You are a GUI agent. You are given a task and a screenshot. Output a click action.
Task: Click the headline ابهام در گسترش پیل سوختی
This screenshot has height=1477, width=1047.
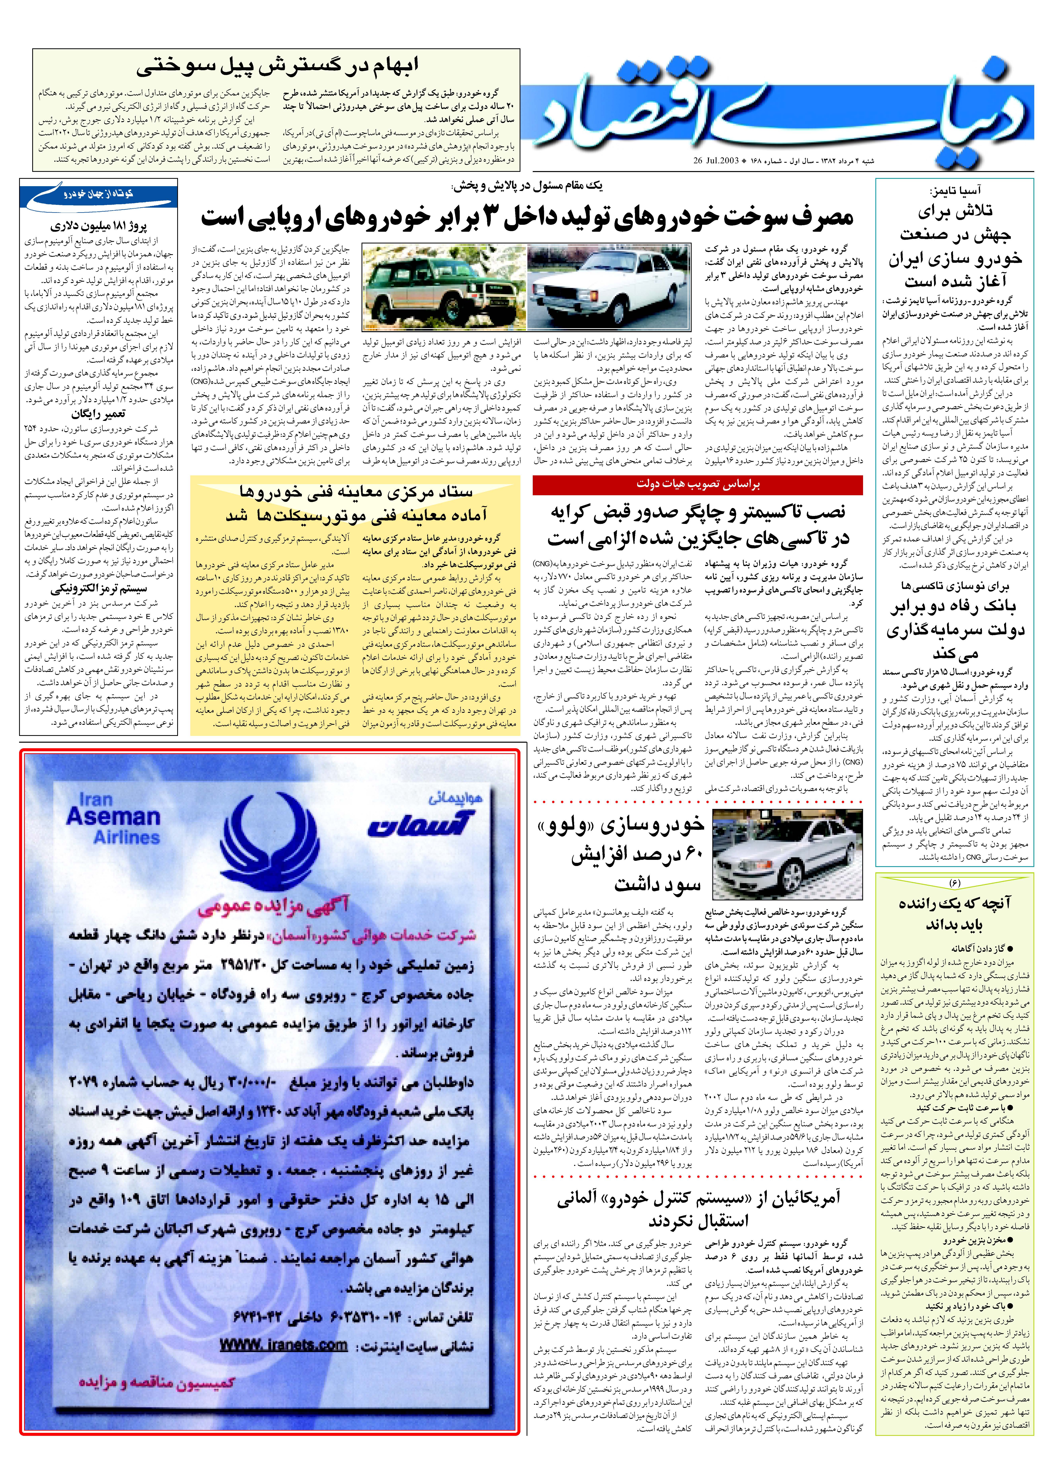(x=277, y=66)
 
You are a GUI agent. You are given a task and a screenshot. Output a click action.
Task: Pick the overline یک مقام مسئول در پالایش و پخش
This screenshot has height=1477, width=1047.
(x=529, y=186)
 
